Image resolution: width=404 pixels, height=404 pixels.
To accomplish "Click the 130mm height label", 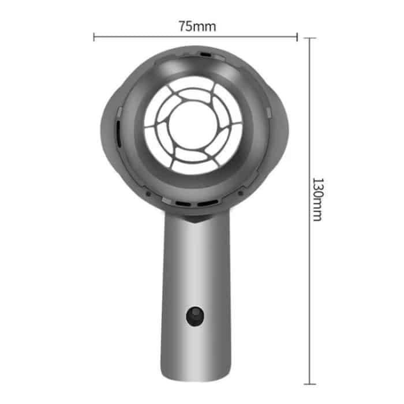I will tap(317, 199).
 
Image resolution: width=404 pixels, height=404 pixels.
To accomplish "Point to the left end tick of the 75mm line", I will tap(93, 38).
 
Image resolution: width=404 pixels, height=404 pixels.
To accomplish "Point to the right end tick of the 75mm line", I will tap(297, 38).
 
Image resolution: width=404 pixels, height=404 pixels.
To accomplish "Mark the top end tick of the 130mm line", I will tap(310, 38).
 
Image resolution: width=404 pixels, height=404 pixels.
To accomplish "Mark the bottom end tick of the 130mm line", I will tap(310, 383).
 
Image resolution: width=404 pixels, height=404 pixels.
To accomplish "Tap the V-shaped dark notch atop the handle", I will tap(196, 219).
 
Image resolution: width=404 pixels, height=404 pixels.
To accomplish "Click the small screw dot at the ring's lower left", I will tap(148, 193).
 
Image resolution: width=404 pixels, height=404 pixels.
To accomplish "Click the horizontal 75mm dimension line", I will tap(144, 38).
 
